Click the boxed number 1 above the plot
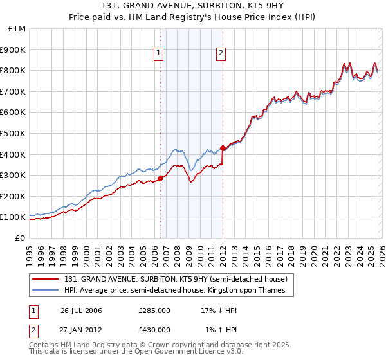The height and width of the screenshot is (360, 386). [x=158, y=54]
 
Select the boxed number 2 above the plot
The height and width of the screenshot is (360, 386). [x=221, y=54]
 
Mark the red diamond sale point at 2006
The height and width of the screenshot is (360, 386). [x=160, y=178]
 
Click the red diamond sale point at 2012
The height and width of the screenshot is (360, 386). [x=223, y=148]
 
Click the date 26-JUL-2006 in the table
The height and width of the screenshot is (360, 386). [x=81, y=310]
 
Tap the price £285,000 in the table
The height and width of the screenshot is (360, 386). [x=154, y=310]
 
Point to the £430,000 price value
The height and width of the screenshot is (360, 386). [x=154, y=330]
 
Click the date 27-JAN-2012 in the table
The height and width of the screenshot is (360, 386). [x=81, y=330]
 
